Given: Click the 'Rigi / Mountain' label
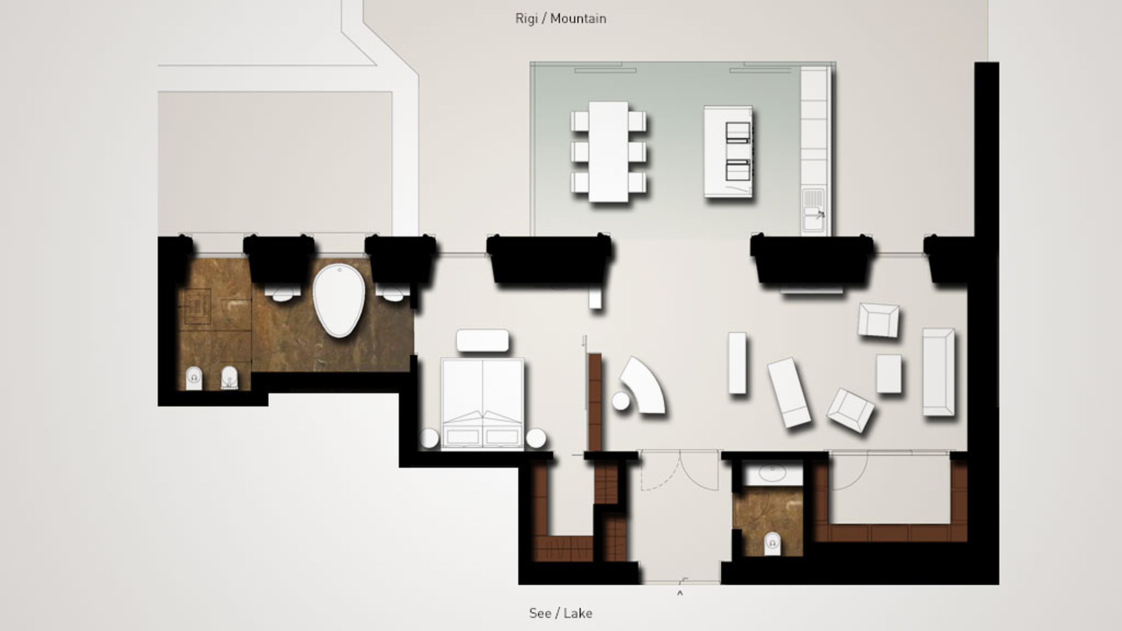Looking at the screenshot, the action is pyautogui.click(x=561, y=19).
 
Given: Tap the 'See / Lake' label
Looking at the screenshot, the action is pyautogui.click(x=561, y=613).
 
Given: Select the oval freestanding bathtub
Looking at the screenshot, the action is pyautogui.click(x=339, y=300).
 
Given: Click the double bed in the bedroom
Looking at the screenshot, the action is pyautogui.click(x=482, y=404).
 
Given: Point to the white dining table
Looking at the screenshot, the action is pyautogui.click(x=609, y=152).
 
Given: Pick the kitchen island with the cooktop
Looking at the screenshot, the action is pyautogui.click(x=728, y=152).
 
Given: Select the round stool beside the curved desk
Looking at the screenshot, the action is pyautogui.click(x=621, y=401).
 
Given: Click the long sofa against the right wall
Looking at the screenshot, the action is pyautogui.click(x=938, y=372).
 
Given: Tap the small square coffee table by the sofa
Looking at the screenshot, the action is pyautogui.click(x=889, y=373).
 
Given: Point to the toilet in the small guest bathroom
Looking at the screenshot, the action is pyautogui.click(x=772, y=543).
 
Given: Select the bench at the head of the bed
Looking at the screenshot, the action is pyautogui.click(x=482, y=341).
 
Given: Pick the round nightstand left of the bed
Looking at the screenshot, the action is pyautogui.click(x=430, y=438).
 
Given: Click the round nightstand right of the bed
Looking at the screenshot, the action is pyautogui.click(x=536, y=438).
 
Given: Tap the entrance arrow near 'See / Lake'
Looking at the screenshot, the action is pyautogui.click(x=680, y=594).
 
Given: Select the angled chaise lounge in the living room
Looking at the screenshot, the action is pyautogui.click(x=789, y=392).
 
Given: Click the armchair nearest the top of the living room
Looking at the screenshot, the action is pyautogui.click(x=878, y=320).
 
